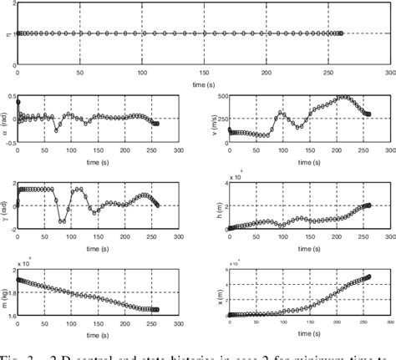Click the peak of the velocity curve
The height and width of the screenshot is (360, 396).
(x=342, y=98)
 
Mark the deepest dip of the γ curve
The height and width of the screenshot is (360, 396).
(x=62, y=222)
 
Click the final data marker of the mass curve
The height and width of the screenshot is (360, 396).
(x=157, y=310)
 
